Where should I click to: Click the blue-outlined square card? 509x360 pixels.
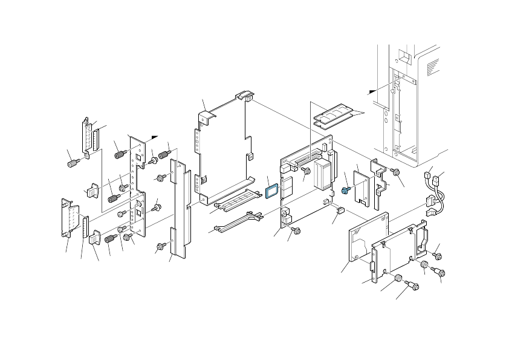pos(272,191)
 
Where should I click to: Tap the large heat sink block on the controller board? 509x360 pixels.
pos(324,173)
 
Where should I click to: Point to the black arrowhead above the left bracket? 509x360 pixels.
pos(155,136)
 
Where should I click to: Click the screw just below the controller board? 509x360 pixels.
pos(296,231)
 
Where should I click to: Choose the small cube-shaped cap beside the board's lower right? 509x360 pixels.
pos(339,211)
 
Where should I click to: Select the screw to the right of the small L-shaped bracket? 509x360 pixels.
pos(396,172)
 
